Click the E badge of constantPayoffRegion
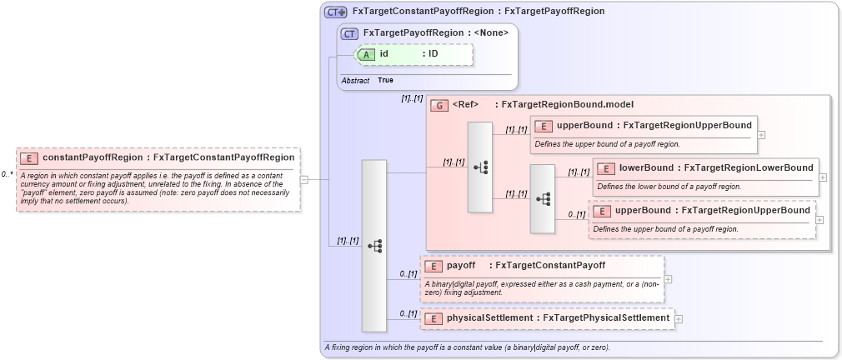click(x=29, y=157)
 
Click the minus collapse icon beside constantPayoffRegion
click(x=304, y=179)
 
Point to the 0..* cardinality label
click(x=8, y=174)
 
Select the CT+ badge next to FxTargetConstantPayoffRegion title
click(x=336, y=12)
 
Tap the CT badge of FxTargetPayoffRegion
click(x=350, y=33)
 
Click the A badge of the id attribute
click(x=368, y=54)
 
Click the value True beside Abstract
click(x=385, y=80)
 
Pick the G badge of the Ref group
click(x=439, y=106)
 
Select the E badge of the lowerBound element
click(x=606, y=169)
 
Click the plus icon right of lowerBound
click(x=823, y=177)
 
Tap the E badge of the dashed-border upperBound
click(x=602, y=211)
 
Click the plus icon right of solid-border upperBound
click(x=761, y=134)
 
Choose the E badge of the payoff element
click(x=434, y=267)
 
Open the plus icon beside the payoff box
click(x=668, y=279)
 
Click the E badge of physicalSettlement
click(x=434, y=318)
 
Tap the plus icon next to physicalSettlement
click(x=679, y=318)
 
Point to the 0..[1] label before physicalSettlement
click(x=408, y=313)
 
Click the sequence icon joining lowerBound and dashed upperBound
click(x=543, y=199)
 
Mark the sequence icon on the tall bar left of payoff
click(x=374, y=246)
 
